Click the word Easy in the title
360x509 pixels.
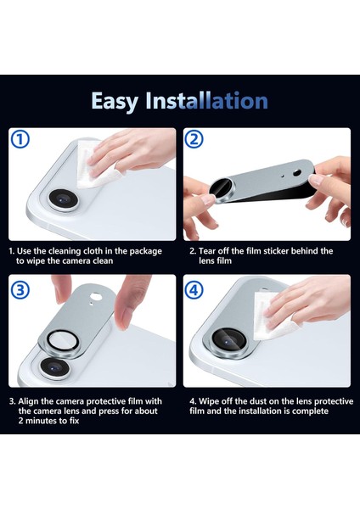pyautogui.click(x=115, y=100)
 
